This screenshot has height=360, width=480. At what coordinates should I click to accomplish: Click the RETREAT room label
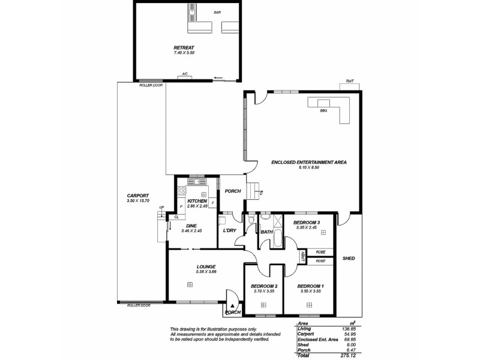point(184,47)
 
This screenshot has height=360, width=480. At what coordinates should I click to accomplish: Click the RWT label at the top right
point(349,82)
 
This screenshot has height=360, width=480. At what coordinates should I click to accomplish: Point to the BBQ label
point(323,110)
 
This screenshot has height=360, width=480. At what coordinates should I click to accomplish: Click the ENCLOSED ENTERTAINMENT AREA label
point(308,162)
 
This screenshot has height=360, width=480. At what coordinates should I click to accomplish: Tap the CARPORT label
point(137,196)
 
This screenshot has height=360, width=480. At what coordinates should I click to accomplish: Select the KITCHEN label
point(197,201)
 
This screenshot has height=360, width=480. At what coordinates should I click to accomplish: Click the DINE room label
point(192,226)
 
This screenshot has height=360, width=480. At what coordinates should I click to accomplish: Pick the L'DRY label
point(228,231)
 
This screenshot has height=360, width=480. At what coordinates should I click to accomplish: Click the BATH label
point(266,232)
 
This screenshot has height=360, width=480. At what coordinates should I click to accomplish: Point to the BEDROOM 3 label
point(306,223)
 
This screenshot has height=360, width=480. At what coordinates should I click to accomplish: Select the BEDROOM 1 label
point(310,286)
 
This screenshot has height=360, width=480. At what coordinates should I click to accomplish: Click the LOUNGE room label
point(206,266)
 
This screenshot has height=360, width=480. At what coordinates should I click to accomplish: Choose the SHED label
point(349,259)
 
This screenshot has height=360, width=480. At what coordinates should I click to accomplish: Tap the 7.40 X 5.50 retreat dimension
point(184,53)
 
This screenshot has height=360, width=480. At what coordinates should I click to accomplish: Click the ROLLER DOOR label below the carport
point(139,305)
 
